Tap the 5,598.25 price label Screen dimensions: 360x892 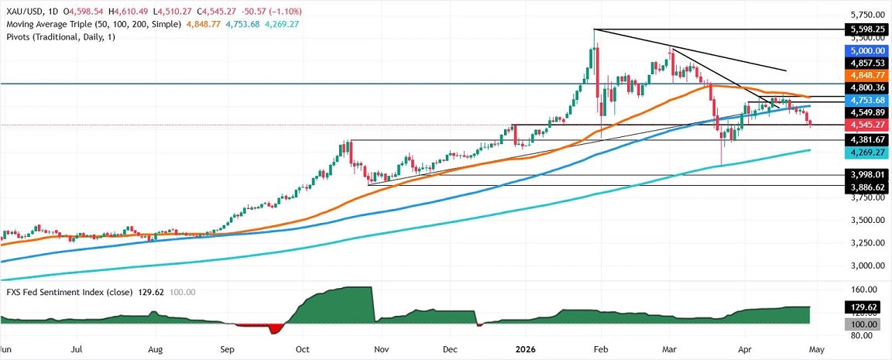click(863, 29)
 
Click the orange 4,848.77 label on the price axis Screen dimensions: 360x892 click(863, 75)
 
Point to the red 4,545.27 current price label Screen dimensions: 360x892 click(863, 124)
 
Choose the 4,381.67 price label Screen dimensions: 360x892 click(863, 140)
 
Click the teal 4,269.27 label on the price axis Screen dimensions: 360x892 click(863, 153)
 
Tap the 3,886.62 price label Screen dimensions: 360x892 click(863, 187)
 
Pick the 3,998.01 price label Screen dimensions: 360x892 click(863, 176)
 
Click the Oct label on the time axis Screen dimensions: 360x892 click(302, 349)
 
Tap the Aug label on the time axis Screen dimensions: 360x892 click(156, 349)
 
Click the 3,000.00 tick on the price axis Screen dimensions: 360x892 click(863, 266)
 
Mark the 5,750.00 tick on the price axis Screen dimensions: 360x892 click(863, 15)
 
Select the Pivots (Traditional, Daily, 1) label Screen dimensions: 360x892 click(58, 38)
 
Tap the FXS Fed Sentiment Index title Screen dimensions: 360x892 click(62, 292)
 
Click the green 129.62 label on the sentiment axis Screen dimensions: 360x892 click(863, 307)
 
